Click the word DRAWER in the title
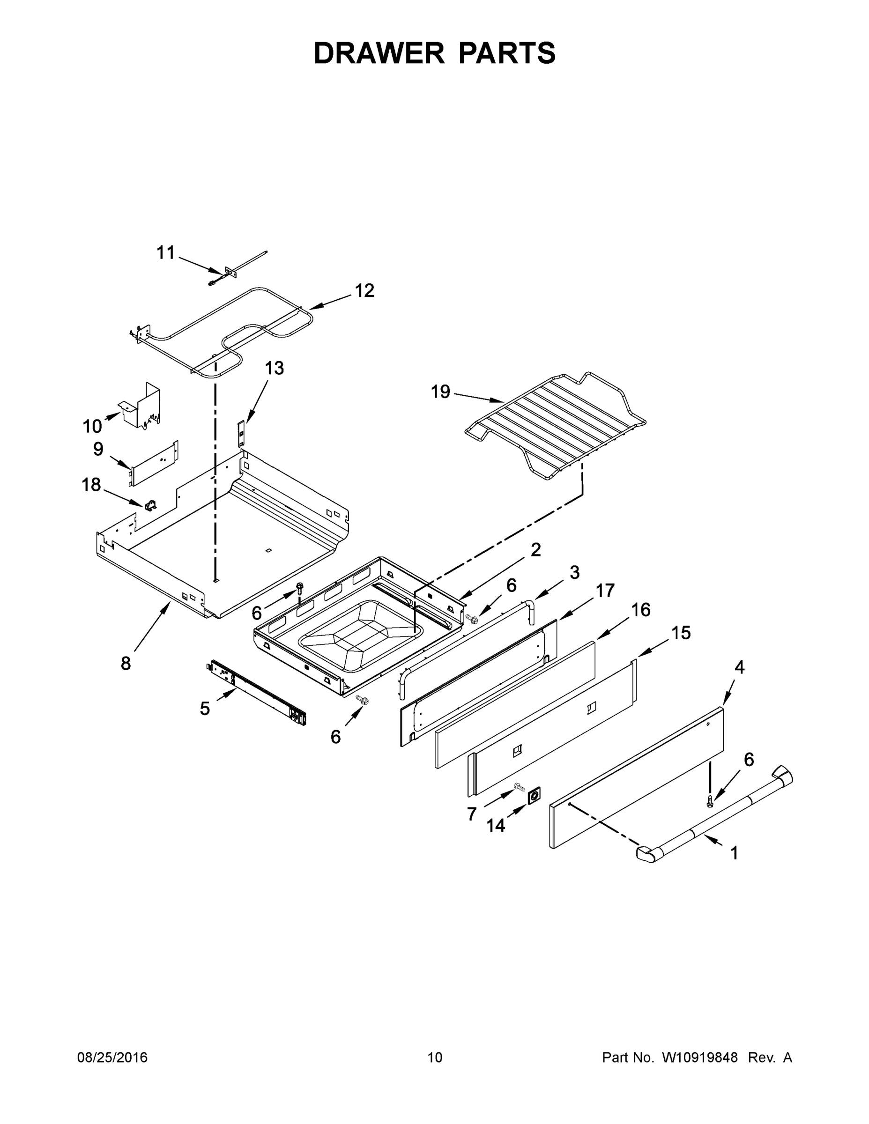379,53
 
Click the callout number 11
166,253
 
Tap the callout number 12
364,291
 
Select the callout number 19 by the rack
440,392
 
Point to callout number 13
275,368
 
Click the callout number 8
126,663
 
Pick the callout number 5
205,709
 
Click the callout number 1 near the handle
734,853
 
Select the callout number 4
739,667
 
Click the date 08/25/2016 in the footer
112,1057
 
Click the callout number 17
605,590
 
